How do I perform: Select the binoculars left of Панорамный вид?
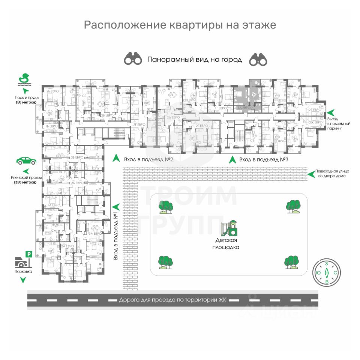(x=133, y=59)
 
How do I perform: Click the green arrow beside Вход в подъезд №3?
(x=232, y=159)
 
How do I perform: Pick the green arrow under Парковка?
(x=23, y=280)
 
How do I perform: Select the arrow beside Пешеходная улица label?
(x=310, y=173)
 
